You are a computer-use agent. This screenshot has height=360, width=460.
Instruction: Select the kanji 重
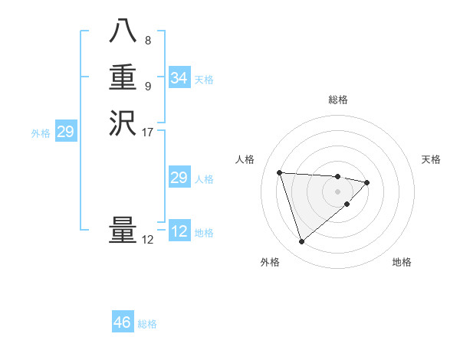(x=123, y=78)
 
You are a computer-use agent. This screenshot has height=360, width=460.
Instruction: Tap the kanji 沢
(x=123, y=123)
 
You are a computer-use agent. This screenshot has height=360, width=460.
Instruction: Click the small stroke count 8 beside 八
(x=147, y=41)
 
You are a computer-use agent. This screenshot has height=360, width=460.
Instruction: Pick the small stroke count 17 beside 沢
(x=148, y=132)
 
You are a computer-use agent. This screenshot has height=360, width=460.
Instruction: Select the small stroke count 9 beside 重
(x=147, y=86)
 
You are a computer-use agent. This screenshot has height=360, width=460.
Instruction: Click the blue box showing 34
(x=179, y=78)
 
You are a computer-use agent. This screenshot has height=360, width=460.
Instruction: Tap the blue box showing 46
(x=122, y=322)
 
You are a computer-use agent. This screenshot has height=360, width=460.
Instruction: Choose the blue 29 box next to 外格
(x=65, y=132)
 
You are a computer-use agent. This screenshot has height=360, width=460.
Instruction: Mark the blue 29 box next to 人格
(x=179, y=178)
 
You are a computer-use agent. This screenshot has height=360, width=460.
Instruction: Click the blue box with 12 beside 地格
(x=179, y=231)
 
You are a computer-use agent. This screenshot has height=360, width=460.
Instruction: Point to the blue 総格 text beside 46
(x=147, y=324)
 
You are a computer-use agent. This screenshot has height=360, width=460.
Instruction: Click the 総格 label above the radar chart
(x=337, y=100)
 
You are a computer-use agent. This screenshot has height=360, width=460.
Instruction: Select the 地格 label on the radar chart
(x=402, y=262)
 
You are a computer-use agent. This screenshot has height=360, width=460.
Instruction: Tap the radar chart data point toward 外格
(x=301, y=241)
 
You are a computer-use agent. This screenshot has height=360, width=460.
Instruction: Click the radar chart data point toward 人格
(x=280, y=172)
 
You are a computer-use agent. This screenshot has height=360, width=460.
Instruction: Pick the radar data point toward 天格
(x=367, y=182)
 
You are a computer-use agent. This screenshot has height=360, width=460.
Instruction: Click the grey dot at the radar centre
(x=337, y=191)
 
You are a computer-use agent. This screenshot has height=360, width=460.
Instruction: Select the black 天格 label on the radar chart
(x=431, y=159)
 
